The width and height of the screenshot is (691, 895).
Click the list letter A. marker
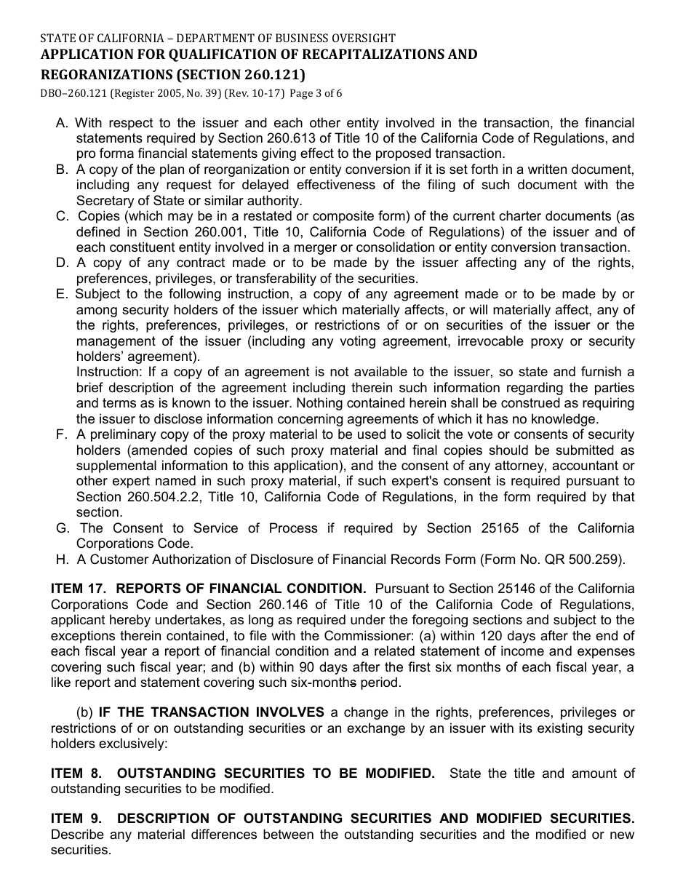[x=63, y=123]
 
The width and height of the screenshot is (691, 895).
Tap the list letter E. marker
[x=62, y=294]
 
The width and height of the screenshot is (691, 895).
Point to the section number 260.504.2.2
[x=127, y=497]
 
